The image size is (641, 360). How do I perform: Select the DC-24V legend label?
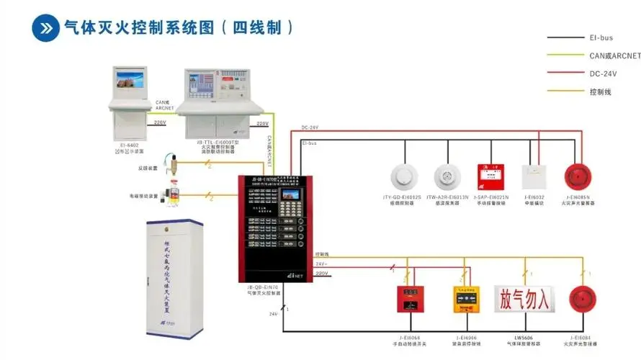(x=603, y=73)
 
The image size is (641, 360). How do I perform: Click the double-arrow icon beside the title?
(x=44, y=28)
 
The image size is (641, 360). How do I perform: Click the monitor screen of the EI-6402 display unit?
(x=130, y=83)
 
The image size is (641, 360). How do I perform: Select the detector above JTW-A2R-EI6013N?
(x=447, y=176)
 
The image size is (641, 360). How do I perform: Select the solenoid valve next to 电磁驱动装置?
(x=171, y=195)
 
